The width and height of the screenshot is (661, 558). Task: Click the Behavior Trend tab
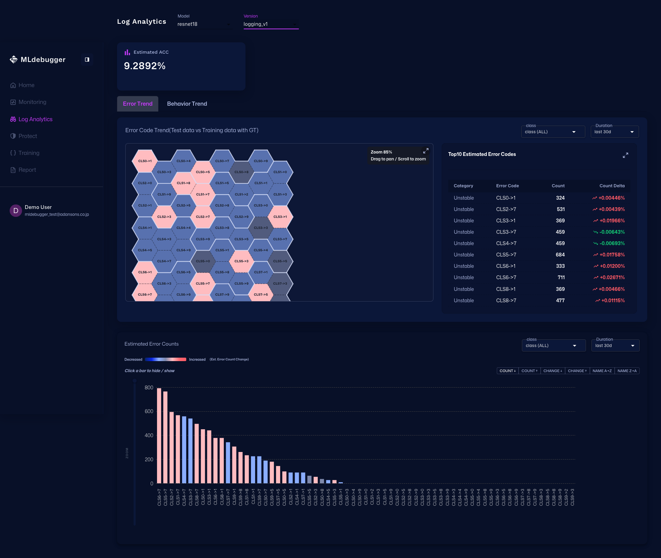click(187, 104)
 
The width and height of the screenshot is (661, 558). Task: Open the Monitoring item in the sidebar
click(32, 102)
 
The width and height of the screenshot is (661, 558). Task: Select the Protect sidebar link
click(28, 136)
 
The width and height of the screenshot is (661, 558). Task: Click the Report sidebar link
click(27, 170)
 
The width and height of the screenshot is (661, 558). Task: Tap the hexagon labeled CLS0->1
click(145, 161)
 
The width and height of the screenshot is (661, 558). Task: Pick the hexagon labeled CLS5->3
click(241, 261)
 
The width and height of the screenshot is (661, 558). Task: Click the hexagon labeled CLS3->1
click(280, 217)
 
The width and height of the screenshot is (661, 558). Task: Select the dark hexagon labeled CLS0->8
click(241, 172)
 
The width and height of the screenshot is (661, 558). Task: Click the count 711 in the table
click(561, 277)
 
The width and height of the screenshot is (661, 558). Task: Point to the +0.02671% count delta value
click(612, 277)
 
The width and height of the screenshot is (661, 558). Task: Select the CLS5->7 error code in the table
click(506, 255)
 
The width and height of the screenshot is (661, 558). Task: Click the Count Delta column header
click(612, 186)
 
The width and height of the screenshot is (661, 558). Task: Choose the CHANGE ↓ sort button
click(553, 371)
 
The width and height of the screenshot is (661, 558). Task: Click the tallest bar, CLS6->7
click(159, 435)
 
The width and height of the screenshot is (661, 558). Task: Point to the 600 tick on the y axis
click(149, 411)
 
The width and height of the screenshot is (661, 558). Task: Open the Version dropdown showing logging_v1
click(271, 24)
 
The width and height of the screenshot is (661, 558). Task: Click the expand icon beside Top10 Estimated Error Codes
click(625, 155)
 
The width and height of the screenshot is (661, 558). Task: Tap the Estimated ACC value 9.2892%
click(145, 66)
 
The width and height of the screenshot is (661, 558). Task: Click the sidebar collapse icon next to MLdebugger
click(87, 60)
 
